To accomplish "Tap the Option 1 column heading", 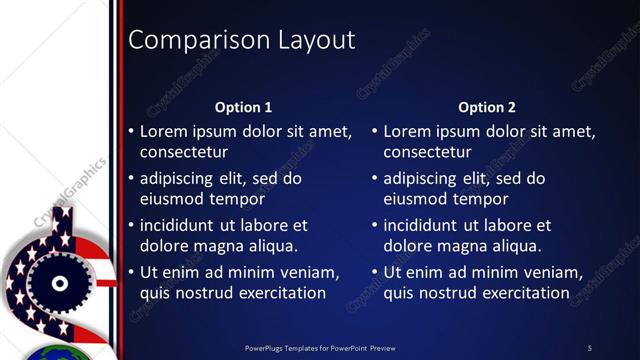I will coord(244,107).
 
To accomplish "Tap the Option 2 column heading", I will coord(487,107).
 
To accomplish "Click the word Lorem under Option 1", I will coord(163,131).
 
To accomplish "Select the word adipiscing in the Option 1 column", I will coord(181,179).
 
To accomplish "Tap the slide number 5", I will coord(590,348).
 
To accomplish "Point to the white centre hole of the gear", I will coord(59,284).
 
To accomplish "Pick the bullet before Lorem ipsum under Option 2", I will coord(375,131).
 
